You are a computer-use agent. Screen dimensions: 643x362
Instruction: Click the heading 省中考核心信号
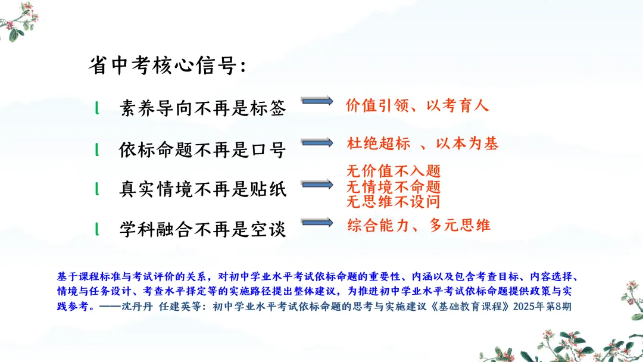[x=167, y=65]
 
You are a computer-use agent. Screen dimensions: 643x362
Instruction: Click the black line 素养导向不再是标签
[x=202, y=108]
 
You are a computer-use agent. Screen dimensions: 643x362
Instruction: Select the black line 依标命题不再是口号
[x=202, y=149]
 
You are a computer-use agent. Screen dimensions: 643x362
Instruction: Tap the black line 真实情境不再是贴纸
[x=202, y=189]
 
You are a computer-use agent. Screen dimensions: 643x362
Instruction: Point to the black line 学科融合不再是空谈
[x=202, y=229]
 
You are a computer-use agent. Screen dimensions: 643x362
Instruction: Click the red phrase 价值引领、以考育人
[x=417, y=105]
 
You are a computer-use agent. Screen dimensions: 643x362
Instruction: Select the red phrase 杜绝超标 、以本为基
[x=422, y=143]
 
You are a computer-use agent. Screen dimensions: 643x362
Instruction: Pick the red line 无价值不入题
[x=394, y=170]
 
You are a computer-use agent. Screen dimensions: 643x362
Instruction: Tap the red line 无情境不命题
[x=394, y=186]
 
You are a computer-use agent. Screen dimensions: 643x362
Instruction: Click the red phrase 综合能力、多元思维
[x=419, y=225]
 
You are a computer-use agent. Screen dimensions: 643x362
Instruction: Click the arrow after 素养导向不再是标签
[x=317, y=101]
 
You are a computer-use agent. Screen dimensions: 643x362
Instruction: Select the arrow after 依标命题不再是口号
[x=317, y=142]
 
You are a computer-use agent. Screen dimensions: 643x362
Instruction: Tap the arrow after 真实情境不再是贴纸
[x=317, y=184]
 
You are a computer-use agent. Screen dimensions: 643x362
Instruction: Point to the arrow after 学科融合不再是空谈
[x=317, y=222]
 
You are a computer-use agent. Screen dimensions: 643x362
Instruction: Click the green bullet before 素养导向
[x=97, y=108]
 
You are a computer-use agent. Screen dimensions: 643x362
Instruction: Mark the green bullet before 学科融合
[x=97, y=229]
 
